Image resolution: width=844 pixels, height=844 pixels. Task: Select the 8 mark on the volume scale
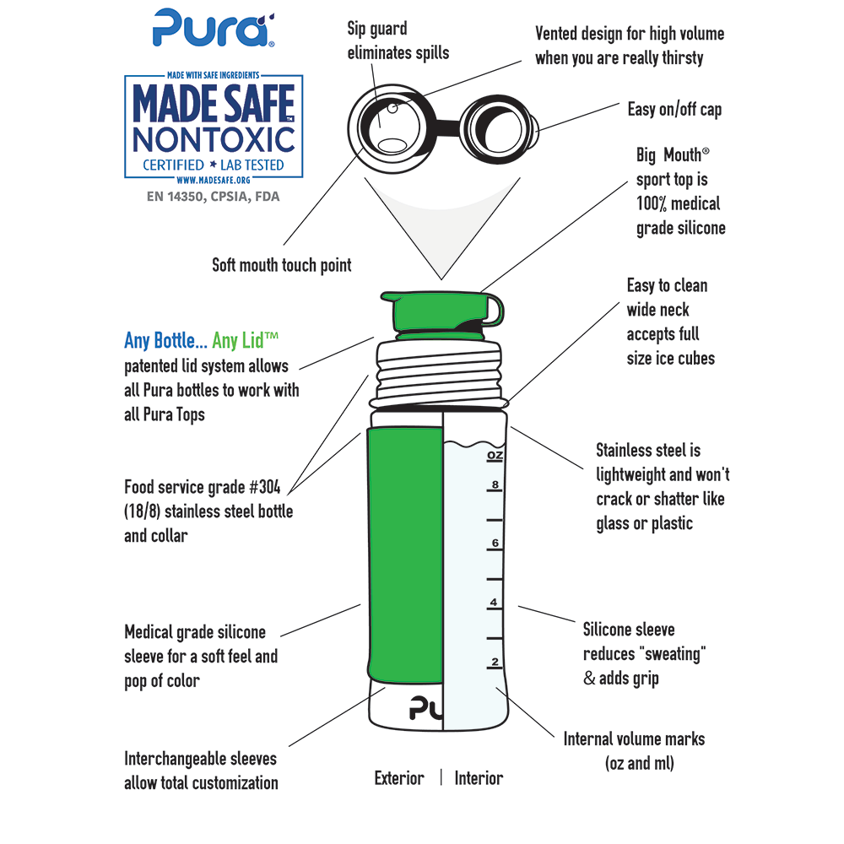pos(495,484)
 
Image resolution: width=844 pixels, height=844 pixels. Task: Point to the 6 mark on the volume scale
pos(495,543)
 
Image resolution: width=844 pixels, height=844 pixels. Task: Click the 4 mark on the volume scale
pos(495,603)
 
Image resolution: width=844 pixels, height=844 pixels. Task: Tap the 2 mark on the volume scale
pos(495,661)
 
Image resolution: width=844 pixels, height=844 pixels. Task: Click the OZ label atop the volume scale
pos(495,456)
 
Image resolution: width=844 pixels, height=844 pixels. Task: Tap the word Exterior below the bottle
pos(399,778)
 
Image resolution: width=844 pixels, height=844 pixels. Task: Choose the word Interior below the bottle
pos(479,778)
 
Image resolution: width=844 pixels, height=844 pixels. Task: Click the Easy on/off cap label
pos(674,110)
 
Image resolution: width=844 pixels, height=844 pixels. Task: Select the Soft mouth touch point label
pos(281,265)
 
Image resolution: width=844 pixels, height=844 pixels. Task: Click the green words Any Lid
pos(245,340)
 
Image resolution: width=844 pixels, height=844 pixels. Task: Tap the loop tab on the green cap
pos(496,311)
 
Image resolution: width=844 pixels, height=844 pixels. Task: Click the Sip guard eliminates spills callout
pos(398,41)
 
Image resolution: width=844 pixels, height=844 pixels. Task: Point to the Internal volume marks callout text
pos(634,750)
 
